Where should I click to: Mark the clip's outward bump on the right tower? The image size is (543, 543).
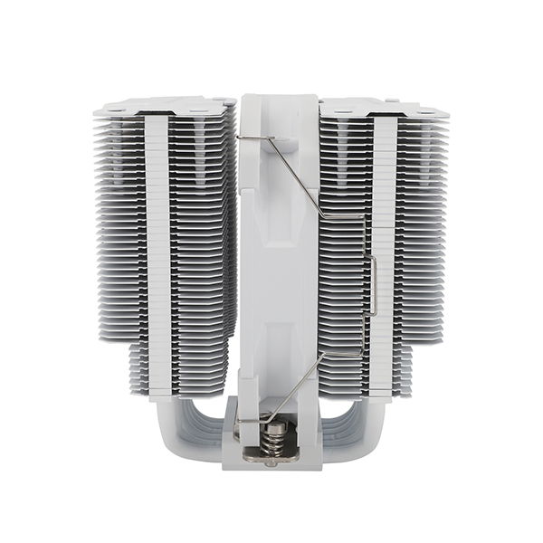[x=373, y=285]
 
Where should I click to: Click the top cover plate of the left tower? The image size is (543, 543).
[x=167, y=105]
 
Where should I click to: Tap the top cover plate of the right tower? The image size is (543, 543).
[x=380, y=107]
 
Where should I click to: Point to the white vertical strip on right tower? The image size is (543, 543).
[x=385, y=253]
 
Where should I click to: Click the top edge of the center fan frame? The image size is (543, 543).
[x=278, y=96]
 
